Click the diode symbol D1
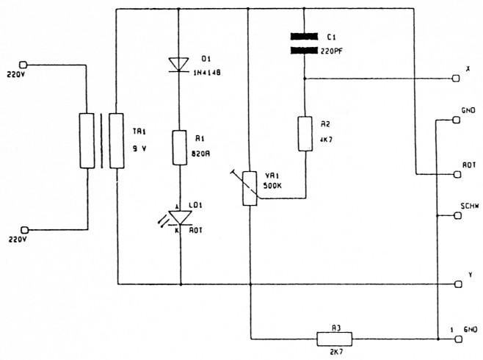pos(180,64)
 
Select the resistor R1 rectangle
pos(180,148)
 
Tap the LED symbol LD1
pos(180,217)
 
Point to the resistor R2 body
pos(304,133)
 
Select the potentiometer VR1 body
pos(250,187)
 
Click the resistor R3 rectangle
pos(334,339)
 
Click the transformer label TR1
pos(139,132)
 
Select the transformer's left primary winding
pos(86,141)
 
